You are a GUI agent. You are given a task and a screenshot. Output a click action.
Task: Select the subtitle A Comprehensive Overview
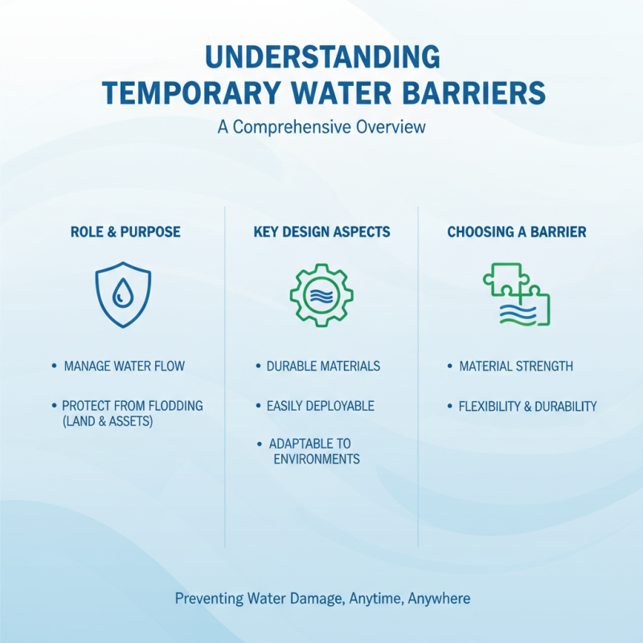[321, 128]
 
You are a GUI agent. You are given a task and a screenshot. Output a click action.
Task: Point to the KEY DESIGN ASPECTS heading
[321, 232]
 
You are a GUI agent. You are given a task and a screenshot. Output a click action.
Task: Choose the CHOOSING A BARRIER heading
[516, 232]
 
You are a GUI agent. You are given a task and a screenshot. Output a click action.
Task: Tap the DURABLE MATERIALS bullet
[323, 367]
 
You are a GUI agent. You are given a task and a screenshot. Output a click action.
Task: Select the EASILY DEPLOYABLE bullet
[321, 406]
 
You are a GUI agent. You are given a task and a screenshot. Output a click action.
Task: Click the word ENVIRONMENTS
[316, 460]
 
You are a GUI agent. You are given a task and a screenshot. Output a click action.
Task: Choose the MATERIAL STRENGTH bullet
[515, 367]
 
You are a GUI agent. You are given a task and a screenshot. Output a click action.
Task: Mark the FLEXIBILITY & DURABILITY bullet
[527, 406]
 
